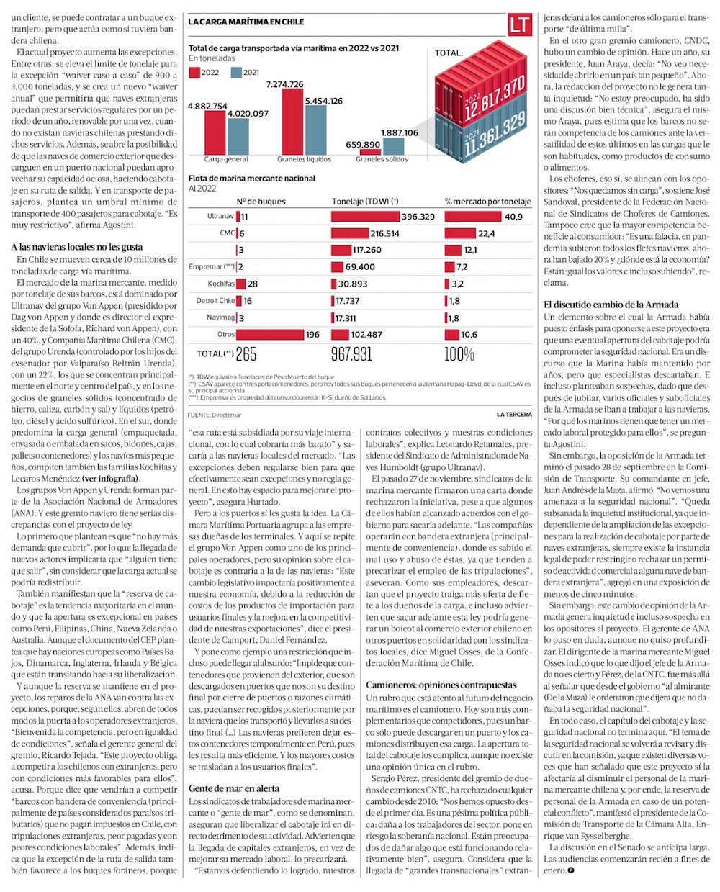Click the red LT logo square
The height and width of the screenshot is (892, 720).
coord(519,24)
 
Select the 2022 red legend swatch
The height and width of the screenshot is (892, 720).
coord(194,72)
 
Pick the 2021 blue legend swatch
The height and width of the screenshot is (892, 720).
coord(236,72)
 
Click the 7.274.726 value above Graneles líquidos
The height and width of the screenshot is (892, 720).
coord(284,84)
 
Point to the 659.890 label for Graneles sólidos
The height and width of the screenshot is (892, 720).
coord(363,145)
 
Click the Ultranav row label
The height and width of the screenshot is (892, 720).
coord(220,216)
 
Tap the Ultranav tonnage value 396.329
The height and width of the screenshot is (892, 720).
coord(418,216)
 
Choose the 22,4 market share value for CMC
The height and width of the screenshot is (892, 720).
coord(486,233)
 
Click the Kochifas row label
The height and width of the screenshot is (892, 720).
coord(221,284)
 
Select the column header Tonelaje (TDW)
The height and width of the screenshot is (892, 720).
coord(365,202)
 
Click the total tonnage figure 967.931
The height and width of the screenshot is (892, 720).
coord(351,354)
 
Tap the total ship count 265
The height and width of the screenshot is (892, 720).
coord(246,354)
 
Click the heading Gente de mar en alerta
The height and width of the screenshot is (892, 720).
coord(234,788)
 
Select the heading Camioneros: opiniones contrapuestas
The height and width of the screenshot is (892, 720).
coord(441,685)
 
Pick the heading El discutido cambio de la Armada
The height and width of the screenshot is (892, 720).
coord(611,305)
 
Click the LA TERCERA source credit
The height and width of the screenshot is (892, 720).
coord(514,415)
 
